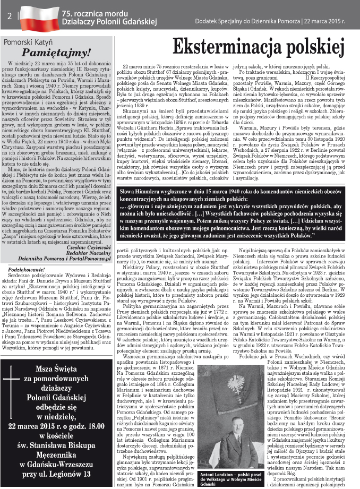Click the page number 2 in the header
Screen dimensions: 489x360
[x=10, y=15]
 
